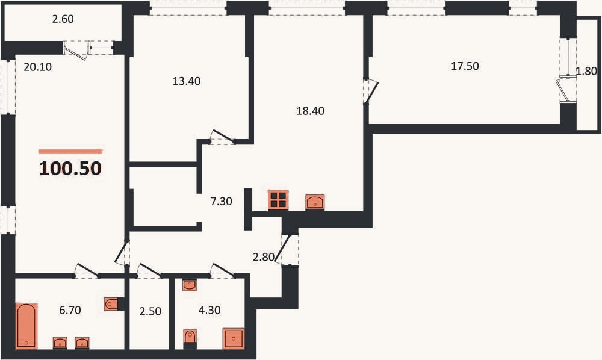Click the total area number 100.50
(70, 168)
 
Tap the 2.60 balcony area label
(63, 19)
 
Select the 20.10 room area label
(37, 67)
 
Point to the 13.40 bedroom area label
(187, 81)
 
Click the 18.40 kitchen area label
(310, 111)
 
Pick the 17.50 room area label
(465, 66)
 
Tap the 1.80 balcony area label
(586, 71)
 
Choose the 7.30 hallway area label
(221, 201)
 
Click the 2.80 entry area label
(264, 257)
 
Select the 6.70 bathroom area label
(70, 309)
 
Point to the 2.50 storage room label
(150, 311)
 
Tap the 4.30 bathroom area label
(209, 309)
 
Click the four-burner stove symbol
(278, 200)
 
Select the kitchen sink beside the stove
(315, 202)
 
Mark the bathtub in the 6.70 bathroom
(26, 326)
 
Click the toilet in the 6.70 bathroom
(111, 304)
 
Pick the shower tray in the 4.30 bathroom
(234, 338)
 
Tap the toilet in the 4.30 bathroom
(190, 337)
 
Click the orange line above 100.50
(71, 151)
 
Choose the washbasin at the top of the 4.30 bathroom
(189, 285)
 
